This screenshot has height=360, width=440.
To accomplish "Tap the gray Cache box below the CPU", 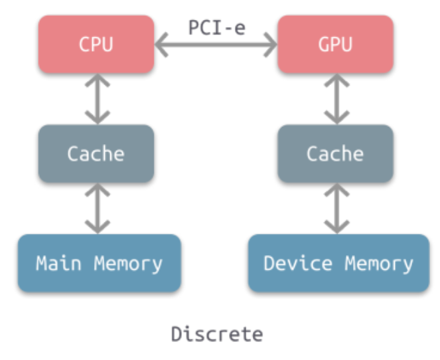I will coord(96,153).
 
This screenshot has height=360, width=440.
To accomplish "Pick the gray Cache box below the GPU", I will coord(335,153).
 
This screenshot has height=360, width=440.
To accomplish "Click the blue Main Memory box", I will coord(99,263).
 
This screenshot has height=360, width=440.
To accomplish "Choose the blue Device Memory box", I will coord(338,263).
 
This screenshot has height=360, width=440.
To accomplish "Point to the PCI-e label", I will coord(216,27).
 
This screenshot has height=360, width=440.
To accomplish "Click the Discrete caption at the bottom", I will coord(216,333).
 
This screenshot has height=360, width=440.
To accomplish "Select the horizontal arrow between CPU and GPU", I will coord(216,46).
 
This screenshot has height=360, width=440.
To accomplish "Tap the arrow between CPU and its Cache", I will coord(97,99).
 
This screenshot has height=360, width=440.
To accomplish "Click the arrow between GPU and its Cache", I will coord(336,99).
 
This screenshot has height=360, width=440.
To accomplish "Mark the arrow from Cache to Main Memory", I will coord(97,208).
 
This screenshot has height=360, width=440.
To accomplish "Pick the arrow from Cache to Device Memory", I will coord(336,208).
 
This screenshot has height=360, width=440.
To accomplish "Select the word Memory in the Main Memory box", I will coord(128,263).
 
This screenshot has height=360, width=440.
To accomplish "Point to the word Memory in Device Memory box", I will coord(379,263).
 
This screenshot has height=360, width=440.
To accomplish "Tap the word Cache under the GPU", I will coord(335,153).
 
